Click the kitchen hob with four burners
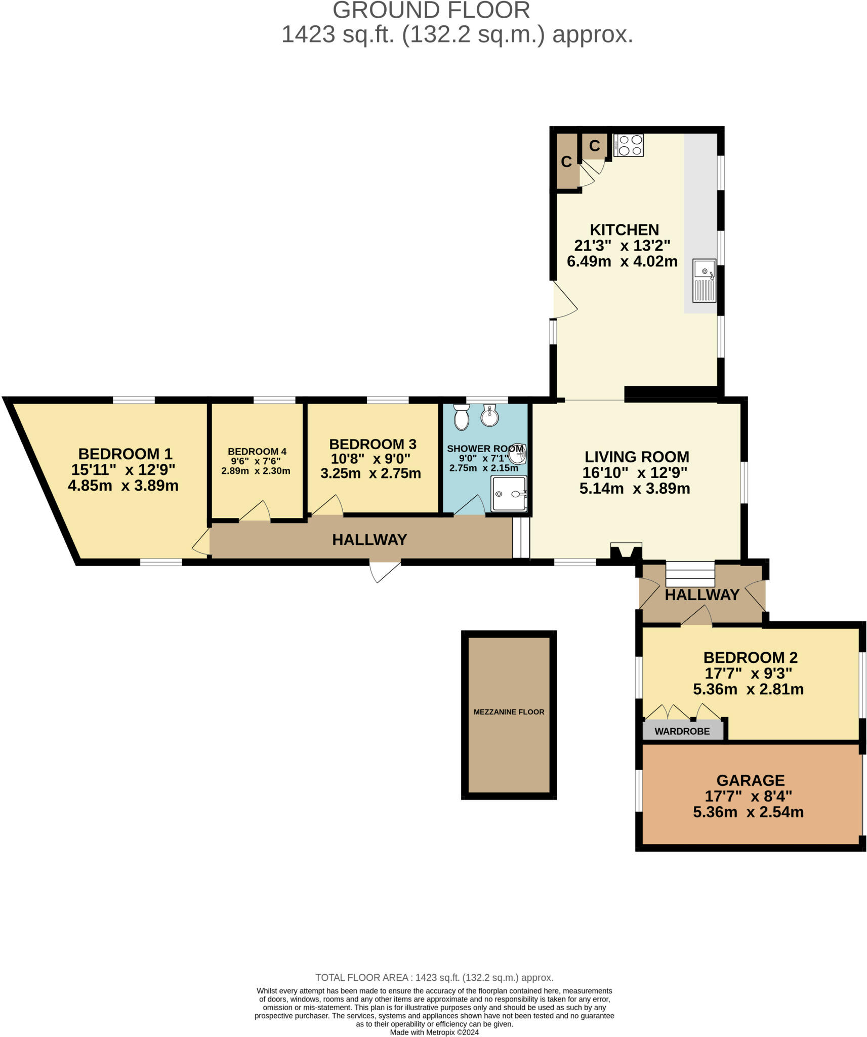[x=628, y=145]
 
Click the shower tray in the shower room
[x=509, y=493]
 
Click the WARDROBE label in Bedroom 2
[x=682, y=731]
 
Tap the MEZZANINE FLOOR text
[x=509, y=712]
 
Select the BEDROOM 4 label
[x=257, y=451]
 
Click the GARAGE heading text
[x=750, y=780]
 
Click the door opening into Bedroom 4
[x=255, y=512]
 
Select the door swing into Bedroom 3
[x=327, y=506]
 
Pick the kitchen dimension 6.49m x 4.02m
[x=622, y=261]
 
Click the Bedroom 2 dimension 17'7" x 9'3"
[x=748, y=673]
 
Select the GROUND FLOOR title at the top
[x=431, y=10]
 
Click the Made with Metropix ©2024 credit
[x=434, y=1032]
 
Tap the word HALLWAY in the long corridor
[x=369, y=540]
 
